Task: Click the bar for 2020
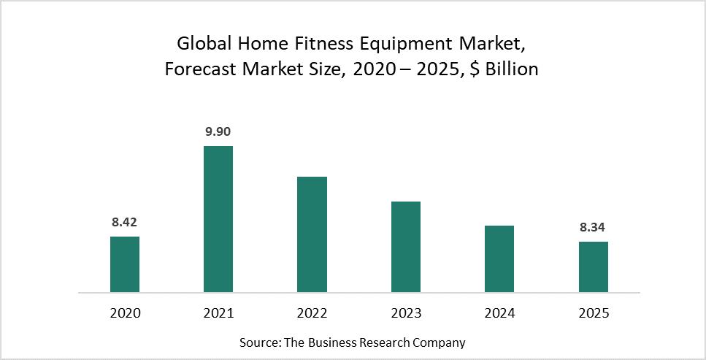125,264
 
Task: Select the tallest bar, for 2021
218,219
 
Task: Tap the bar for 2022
312,234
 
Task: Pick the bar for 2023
406,247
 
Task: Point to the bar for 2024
499,259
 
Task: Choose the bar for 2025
593,267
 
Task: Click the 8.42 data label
125,222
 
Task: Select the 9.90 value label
218,131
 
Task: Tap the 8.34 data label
593,227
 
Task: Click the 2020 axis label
125,313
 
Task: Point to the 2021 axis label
218,313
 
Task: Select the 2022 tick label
312,313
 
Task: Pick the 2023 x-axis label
406,313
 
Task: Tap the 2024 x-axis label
499,313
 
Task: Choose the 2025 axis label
593,313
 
